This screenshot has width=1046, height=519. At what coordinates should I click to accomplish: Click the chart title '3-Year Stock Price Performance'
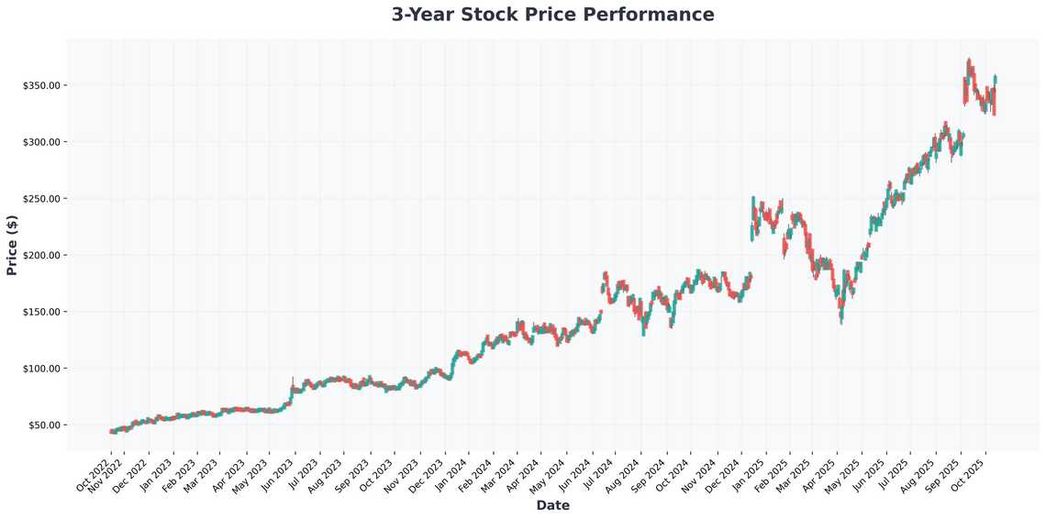point(552,15)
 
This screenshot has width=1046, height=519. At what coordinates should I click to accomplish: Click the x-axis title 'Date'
point(552,505)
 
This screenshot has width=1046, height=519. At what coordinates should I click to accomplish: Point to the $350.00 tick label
point(42,85)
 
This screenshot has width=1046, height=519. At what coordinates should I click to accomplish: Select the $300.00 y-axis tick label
point(42,142)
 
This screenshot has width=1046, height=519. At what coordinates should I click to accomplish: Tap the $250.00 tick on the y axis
point(42,199)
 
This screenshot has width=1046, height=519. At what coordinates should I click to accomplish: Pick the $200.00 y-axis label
point(42,255)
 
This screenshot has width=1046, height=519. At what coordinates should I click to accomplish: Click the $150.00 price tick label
point(42,312)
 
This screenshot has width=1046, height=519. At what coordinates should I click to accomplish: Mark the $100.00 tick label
point(42,369)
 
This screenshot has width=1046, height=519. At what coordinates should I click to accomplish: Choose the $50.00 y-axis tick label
point(44,425)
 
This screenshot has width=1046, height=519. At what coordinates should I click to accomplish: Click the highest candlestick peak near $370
point(969,61)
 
